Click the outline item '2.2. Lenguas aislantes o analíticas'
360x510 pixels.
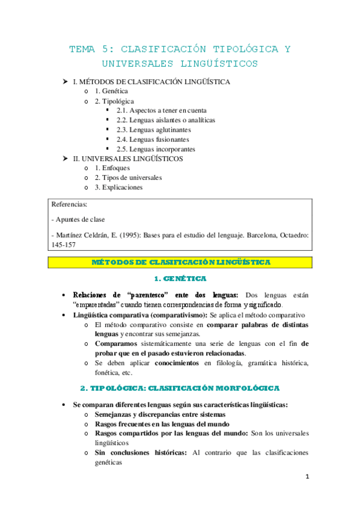166,120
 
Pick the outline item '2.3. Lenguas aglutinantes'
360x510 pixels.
154,129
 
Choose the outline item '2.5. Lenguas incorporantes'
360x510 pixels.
156,149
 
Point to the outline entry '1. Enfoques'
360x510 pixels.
112,168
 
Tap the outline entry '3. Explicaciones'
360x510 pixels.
119,188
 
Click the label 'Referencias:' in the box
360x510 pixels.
70,204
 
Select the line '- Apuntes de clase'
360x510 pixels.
79,220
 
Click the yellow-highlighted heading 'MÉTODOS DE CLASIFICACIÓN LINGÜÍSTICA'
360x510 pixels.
181,262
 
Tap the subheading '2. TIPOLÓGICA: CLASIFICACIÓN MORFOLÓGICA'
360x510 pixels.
180,389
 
